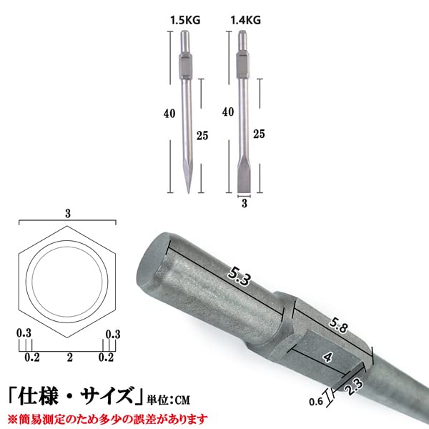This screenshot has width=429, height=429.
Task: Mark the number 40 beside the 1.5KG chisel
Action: [x=169, y=113]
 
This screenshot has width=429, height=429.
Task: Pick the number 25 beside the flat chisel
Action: [x=260, y=133]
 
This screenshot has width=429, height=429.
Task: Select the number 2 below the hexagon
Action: [x=69, y=356]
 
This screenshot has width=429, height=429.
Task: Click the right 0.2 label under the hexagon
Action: [x=107, y=356]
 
